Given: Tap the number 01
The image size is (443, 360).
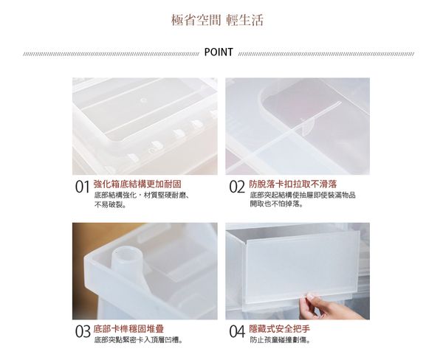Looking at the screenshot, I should click(x=83, y=188).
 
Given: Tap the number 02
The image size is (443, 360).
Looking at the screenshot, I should click(x=236, y=188).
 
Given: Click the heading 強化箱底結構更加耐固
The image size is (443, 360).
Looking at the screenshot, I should click(x=138, y=182).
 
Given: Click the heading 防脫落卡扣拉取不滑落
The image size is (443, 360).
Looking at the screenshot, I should click(x=293, y=182).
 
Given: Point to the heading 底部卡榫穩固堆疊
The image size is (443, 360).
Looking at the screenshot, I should click(x=128, y=327).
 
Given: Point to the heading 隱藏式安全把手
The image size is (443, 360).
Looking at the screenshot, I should click(x=281, y=327).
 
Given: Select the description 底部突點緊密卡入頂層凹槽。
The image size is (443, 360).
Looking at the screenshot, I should click(x=138, y=339).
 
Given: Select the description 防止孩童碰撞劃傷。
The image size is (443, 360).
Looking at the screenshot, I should click(x=279, y=339).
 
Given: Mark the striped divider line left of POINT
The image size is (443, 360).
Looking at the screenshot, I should click(x=111, y=53).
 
